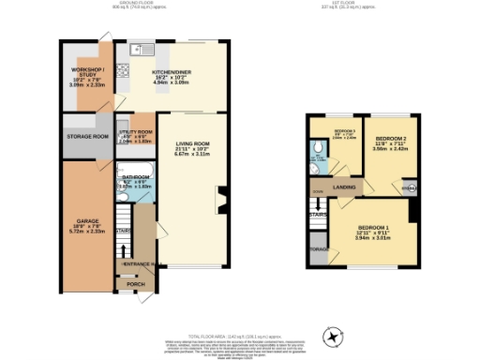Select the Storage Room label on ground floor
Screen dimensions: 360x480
coord(88,137)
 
